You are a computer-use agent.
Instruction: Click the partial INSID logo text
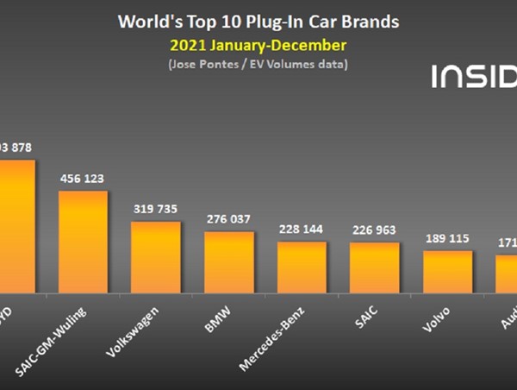click(473, 76)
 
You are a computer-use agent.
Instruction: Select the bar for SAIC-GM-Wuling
click(83, 242)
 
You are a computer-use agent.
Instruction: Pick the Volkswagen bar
click(156, 257)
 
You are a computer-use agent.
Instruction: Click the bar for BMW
click(228, 262)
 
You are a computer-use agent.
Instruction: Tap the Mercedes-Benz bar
click(302, 267)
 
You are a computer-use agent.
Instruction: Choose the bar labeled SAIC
click(374, 267)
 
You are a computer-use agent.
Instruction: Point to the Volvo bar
click(447, 272)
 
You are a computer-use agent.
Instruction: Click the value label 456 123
click(83, 179)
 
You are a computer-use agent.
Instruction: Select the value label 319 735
click(156, 209)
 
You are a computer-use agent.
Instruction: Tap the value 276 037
click(228, 219)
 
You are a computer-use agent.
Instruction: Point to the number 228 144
click(302, 230)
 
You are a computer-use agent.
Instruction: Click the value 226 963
click(374, 230)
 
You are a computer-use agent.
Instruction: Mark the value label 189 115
click(447, 238)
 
